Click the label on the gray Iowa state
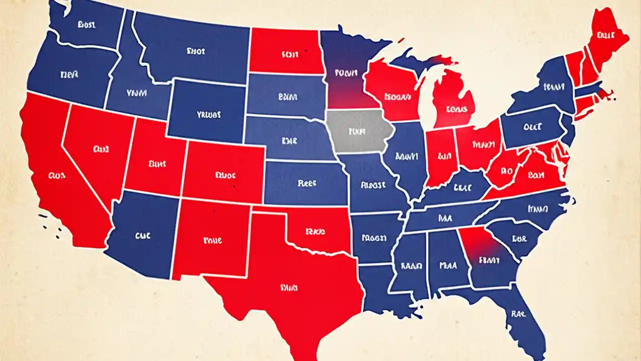356,131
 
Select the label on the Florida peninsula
517,314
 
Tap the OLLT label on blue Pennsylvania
532,127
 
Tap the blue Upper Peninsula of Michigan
421,63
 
